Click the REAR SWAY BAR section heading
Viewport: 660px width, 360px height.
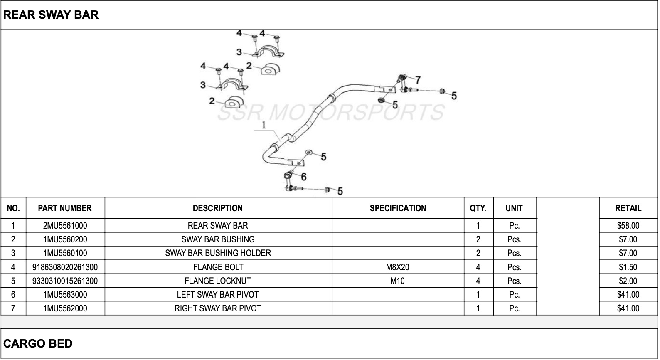[x=51, y=15]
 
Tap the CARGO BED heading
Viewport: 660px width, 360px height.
[x=38, y=343]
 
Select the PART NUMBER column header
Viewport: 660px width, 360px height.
[x=65, y=208]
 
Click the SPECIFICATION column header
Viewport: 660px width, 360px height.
[x=398, y=208]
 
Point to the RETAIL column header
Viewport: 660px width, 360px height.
[x=628, y=208]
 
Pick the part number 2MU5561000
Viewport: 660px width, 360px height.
[x=65, y=226]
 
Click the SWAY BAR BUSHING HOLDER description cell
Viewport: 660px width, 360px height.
[x=218, y=253]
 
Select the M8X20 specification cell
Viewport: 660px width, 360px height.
[x=397, y=267]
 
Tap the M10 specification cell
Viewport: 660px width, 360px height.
[x=397, y=281]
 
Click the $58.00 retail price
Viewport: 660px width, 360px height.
[x=628, y=226]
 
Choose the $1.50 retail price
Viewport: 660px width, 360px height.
[x=628, y=267]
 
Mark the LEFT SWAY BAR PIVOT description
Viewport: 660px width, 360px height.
[x=218, y=295]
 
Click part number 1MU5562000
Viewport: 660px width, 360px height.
[x=65, y=308]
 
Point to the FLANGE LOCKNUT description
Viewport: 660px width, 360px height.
[x=218, y=281]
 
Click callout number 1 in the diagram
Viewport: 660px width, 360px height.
[x=264, y=125]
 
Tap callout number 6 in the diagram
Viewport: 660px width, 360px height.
[x=304, y=177]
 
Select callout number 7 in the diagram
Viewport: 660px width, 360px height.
[x=418, y=79]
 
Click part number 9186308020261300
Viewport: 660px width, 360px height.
[x=65, y=267]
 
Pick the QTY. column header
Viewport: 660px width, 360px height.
[x=478, y=208]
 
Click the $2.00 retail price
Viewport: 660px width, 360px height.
[x=628, y=281]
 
